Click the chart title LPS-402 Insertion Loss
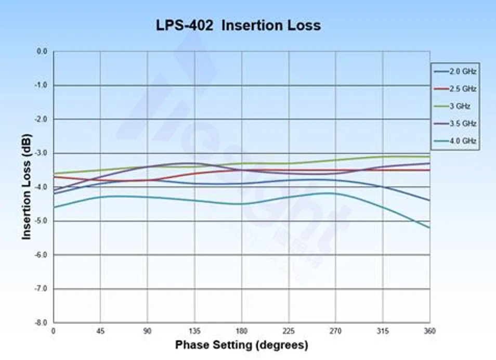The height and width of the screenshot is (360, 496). click(239, 25)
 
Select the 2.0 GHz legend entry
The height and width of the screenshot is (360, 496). click(462, 71)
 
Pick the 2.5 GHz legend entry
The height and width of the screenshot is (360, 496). click(462, 88)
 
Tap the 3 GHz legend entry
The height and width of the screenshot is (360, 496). click(460, 106)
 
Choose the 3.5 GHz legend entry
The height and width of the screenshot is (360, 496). click(462, 123)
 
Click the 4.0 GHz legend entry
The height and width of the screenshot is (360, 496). click(462, 141)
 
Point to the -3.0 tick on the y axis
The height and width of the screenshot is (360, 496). click(40, 153)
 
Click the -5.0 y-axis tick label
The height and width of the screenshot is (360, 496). click(40, 221)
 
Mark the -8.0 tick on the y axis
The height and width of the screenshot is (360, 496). click(40, 323)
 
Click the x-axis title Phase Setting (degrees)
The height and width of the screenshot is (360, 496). click(242, 344)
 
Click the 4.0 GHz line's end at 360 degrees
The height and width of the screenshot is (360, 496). click(429, 228)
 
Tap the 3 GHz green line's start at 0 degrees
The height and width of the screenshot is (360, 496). click(54, 173)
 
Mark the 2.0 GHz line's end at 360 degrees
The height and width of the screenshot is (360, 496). click(429, 200)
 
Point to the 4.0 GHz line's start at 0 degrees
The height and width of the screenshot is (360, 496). click(54, 208)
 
